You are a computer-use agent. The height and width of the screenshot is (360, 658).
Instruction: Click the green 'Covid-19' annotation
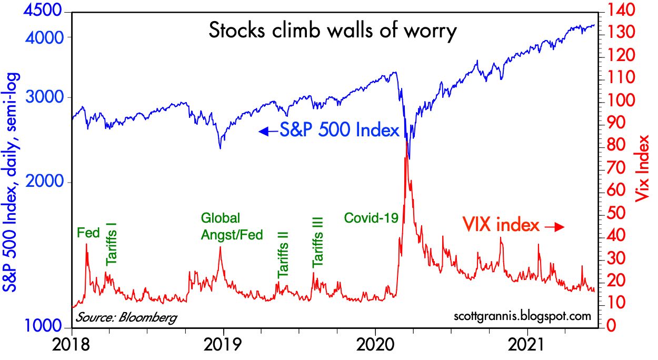[371, 217]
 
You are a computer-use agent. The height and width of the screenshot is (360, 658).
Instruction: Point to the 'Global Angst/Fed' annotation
[231, 226]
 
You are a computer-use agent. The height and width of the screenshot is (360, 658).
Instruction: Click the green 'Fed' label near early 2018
[88, 232]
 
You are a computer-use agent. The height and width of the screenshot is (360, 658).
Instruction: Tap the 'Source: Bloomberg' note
[126, 317]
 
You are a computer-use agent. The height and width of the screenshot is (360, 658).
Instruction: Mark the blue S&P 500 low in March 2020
[409, 158]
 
